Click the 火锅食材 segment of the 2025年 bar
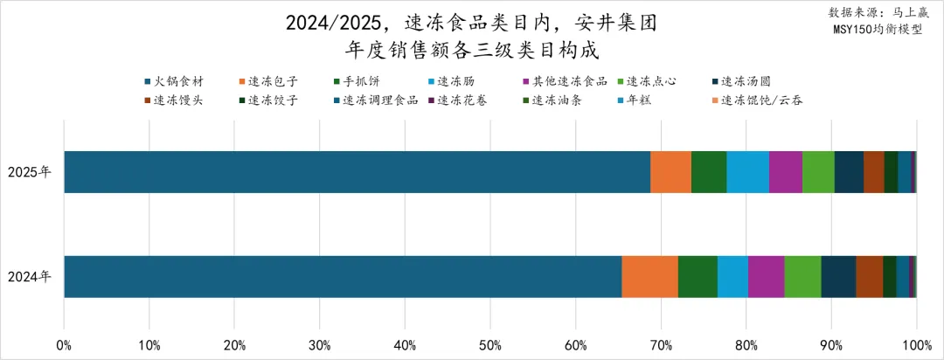pos(357,171)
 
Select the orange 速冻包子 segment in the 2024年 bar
pos(649,276)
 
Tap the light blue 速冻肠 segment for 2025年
pos(747,171)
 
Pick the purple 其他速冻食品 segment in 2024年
pos(766,276)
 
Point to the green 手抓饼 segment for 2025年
pos(709,171)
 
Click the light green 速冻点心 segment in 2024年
pos(802,276)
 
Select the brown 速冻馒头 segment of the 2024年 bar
pos(869,276)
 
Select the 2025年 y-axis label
pos(30,171)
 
